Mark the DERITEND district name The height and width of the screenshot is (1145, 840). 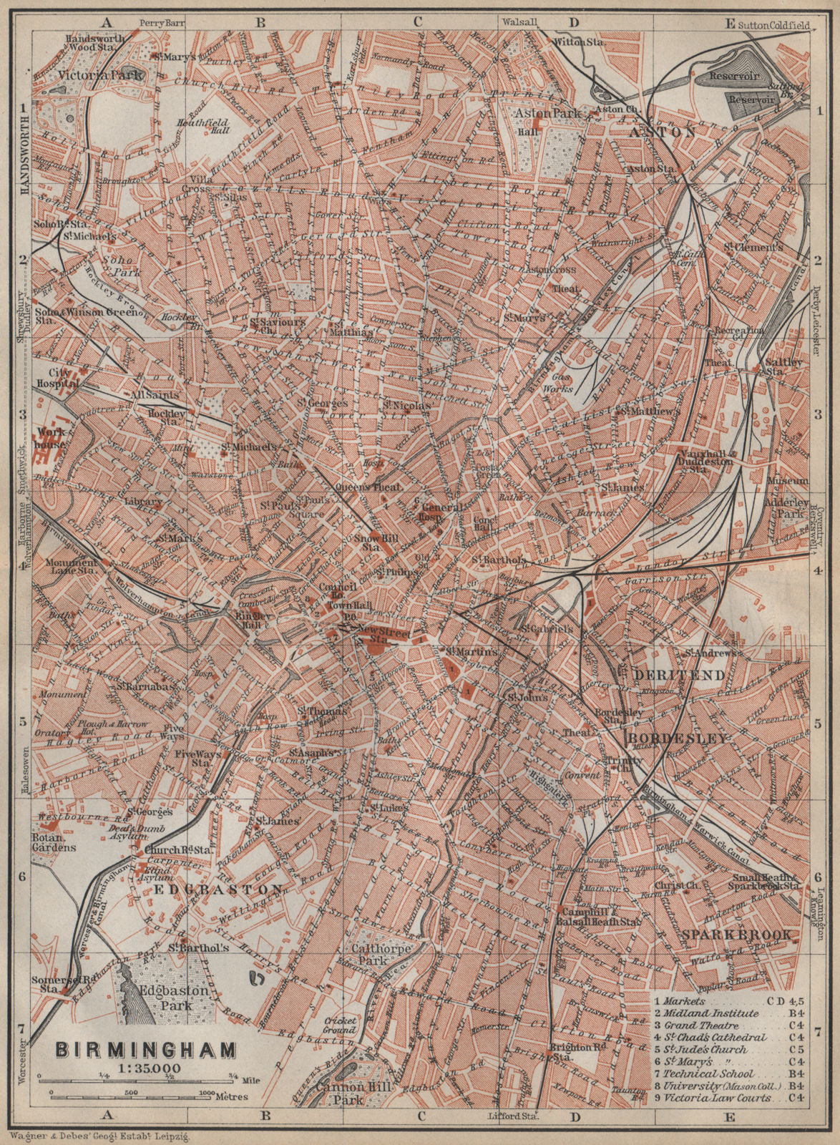click(x=668, y=674)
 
